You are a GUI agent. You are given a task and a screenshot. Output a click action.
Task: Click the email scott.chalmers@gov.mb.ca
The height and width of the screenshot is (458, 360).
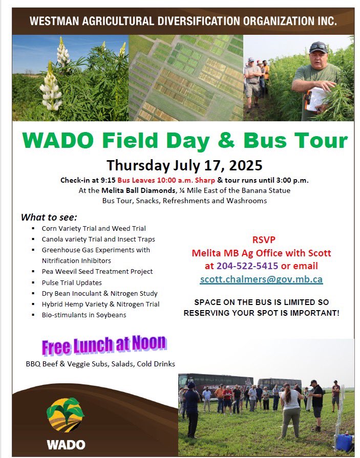coord(261,279)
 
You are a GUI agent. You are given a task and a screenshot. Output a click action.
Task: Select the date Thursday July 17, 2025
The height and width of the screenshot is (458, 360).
coord(184,165)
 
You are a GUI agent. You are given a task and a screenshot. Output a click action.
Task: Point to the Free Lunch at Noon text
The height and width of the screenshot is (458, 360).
coord(104,345)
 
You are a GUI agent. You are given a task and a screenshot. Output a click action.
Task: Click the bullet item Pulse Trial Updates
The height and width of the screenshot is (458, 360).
coord(72,282)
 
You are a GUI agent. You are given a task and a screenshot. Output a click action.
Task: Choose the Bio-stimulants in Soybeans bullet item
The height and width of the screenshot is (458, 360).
coord(84,315)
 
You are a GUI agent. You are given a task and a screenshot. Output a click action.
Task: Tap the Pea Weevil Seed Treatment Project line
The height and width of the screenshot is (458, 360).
coord(97,271)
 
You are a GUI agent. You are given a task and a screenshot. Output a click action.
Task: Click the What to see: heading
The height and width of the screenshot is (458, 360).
coord(49,217)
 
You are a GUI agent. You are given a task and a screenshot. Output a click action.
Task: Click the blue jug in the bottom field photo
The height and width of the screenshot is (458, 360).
coord(344,442)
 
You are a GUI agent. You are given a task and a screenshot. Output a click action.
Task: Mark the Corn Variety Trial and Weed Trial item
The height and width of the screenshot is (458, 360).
coord(94,228)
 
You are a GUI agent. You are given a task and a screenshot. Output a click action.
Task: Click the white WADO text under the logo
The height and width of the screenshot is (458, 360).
coord(66,444)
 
